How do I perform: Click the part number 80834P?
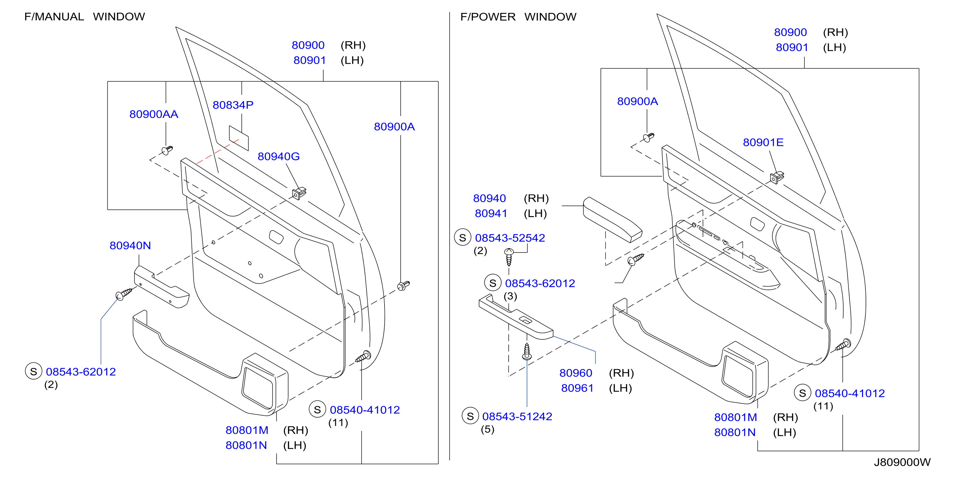pos(233,105)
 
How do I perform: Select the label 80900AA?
pos(154,114)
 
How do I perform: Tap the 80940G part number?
pos(279,157)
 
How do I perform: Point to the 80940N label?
pos(130,245)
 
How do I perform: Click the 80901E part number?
pos(763,143)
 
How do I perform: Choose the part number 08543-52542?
pos(510,238)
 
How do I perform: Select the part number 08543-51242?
pos(517,417)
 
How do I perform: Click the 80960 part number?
pos(576,373)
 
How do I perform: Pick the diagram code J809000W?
pos(902,462)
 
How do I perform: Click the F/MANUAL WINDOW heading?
pos(84,17)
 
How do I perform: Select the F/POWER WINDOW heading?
pos(518,17)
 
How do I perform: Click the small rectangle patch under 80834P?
pos(239,138)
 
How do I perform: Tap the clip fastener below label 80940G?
pos(299,193)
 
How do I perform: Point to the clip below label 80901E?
pos(777,177)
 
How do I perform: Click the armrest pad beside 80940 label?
pos(612,220)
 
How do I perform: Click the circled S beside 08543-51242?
pos(470,416)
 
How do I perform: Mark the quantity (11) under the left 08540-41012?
pos(338,423)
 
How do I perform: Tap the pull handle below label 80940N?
pos(161,287)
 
